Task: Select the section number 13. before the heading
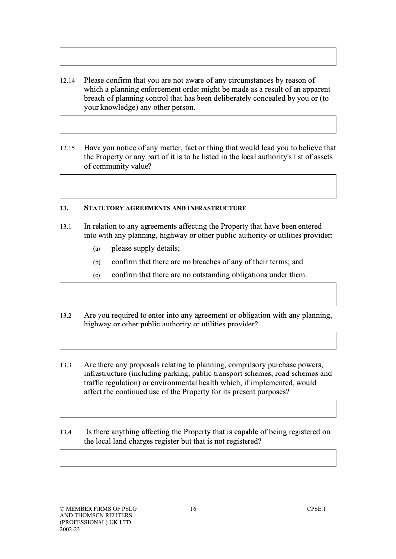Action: pos(64,208)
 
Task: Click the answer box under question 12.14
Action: pos(198,124)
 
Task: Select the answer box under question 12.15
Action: pos(198,186)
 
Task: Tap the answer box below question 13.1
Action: pos(198,294)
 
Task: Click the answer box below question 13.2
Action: pos(198,341)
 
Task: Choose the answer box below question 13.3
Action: pos(198,409)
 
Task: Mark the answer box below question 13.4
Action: pos(198,458)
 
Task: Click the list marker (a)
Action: pos(97,249)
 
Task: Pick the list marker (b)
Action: pos(97,262)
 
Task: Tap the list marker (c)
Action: pos(97,275)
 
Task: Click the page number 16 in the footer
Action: pos(193,509)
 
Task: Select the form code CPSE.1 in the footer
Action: pos(316,509)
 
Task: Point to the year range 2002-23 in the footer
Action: pos(70,529)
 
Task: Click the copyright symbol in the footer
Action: pos(62,509)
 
